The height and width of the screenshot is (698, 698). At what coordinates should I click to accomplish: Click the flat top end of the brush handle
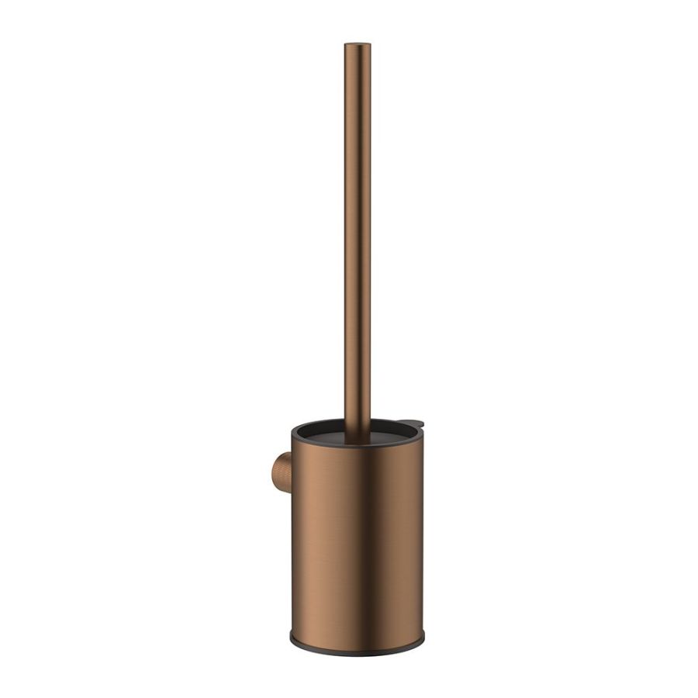[358, 45]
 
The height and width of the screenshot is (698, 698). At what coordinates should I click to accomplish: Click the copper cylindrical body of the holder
[358, 543]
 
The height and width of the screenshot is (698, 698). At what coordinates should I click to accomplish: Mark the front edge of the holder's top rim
[358, 445]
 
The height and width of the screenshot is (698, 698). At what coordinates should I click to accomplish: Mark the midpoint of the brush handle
[358, 240]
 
